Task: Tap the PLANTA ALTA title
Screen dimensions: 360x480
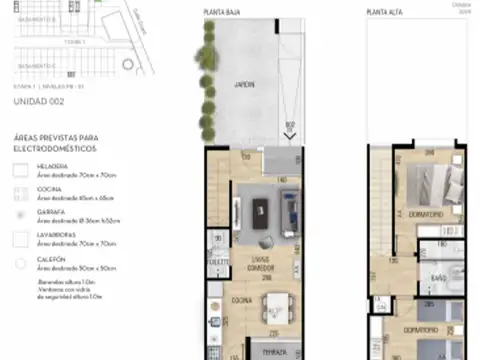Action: [x=384, y=13]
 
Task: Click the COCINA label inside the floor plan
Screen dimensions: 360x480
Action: [x=242, y=300]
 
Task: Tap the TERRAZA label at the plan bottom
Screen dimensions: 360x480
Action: [x=275, y=352]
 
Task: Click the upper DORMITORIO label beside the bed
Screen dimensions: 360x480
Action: [x=428, y=213]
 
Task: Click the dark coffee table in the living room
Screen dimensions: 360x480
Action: [x=262, y=208]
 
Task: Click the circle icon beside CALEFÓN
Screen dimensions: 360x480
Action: [x=20, y=265]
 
